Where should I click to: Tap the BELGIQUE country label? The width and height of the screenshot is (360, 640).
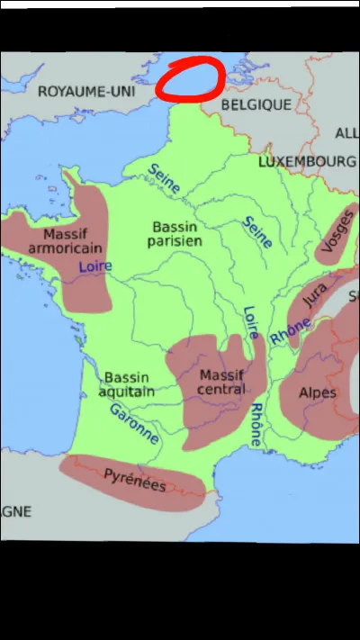point(256,104)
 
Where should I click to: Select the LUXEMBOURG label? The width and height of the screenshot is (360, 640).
point(306,162)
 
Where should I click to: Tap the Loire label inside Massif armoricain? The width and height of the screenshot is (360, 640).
point(94,266)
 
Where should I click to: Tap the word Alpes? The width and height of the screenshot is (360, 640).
point(318,392)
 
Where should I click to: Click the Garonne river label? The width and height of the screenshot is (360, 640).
point(134,423)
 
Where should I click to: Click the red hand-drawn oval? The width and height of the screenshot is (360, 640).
point(190,79)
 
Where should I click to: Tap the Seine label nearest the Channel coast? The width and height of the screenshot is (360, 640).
point(164,177)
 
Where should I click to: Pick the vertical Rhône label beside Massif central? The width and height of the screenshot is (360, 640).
point(256,425)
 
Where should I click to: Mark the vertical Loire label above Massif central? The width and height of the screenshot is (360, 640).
point(252,323)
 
